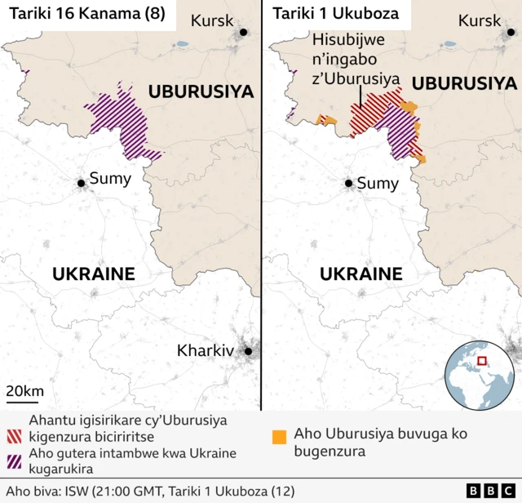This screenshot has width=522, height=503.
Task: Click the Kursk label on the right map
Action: click(x=480, y=21)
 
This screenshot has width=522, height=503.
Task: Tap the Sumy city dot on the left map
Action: click(x=82, y=184)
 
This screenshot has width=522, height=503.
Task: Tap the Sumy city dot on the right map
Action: click(x=348, y=184)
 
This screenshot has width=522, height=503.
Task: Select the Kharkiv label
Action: click(x=206, y=350)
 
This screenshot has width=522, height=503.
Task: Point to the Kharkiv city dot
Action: click(x=248, y=351)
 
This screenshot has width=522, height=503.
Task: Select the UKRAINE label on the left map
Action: click(x=94, y=274)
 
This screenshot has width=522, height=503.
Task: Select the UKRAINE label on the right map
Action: click(x=361, y=274)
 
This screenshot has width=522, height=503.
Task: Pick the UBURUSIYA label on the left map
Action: click(x=201, y=91)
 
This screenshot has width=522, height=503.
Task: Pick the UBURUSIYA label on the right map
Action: click(x=465, y=83)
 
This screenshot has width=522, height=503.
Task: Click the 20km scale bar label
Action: click(x=25, y=391)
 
